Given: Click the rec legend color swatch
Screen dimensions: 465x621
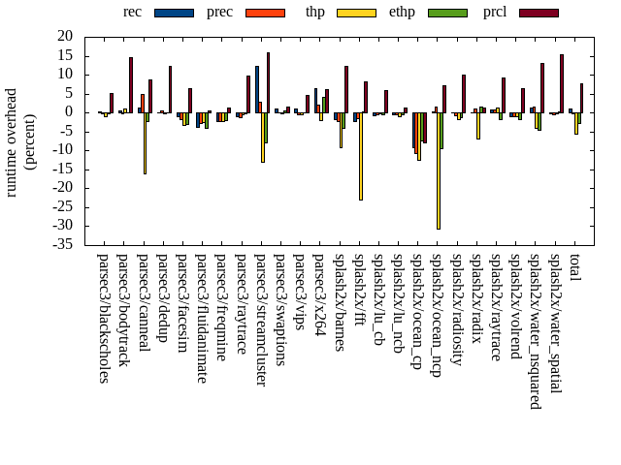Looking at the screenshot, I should [x=174, y=13].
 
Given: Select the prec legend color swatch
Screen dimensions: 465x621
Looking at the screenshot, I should [x=265, y=13].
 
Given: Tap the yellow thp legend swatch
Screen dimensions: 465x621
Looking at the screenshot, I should [x=356, y=13].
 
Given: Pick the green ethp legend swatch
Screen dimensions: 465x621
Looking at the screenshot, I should [x=446, y=13].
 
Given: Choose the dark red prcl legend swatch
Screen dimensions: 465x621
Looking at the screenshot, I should [x=539, y=13].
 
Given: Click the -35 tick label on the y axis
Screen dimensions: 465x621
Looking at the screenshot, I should [x=63, y=244].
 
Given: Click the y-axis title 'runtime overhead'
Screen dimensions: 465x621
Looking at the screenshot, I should [x=13, y=139].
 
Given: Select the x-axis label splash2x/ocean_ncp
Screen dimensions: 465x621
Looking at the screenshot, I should [x=436, y=325].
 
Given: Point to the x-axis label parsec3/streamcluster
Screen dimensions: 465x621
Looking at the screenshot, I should [x=260, y=320].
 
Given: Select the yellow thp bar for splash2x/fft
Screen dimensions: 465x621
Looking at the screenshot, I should [x=360, y=156].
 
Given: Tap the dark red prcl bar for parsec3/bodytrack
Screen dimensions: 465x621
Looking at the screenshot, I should [x=131, y=84].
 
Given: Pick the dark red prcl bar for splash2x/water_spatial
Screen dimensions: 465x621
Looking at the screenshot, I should [x=562, y=82].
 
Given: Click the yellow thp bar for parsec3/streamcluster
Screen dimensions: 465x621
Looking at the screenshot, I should [x=262, y=137].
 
